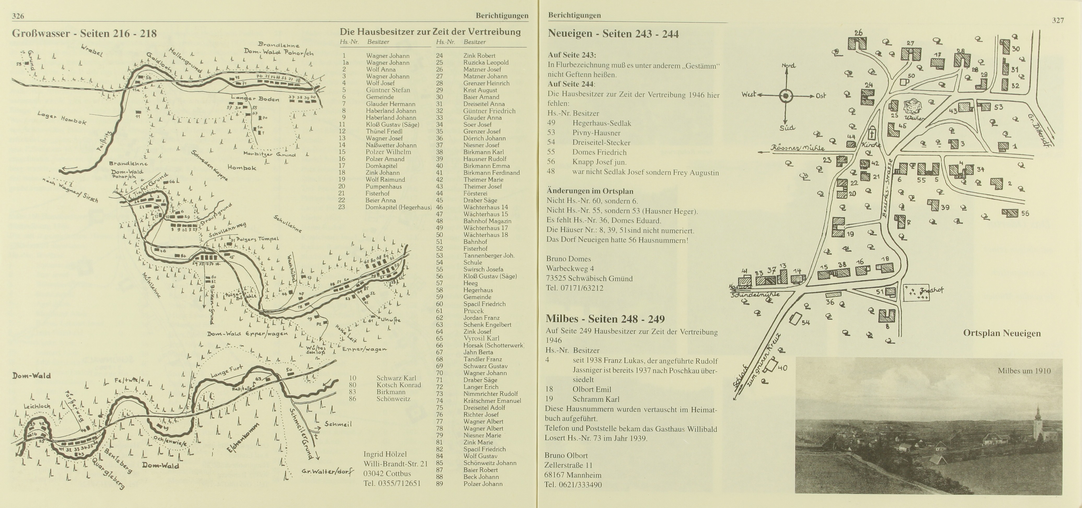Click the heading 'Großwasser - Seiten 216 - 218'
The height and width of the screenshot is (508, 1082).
click(84, 34)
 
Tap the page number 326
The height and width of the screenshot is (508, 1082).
click(18, 16)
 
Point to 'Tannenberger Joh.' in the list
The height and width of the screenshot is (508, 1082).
click(488, 256)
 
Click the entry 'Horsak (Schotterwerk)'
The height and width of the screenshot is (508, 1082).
click(494, 345)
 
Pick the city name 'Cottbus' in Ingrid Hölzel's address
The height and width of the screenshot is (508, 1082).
click(398, 474)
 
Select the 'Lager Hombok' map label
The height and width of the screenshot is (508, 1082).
click(61, 118)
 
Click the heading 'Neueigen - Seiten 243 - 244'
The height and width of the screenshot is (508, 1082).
click(613, 34)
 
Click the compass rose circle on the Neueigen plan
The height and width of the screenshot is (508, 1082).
click(786, 96)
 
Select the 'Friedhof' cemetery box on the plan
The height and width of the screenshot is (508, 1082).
click(916, 292)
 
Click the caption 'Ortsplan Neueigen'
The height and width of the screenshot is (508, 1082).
click(1002, 334)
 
